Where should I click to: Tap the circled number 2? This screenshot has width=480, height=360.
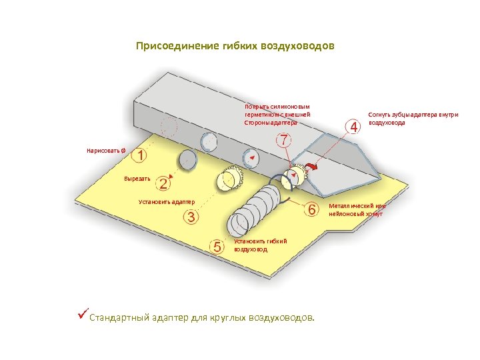pos(163,182)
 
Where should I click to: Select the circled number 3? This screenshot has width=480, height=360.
pos(191,217)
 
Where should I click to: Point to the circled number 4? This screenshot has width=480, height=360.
pos(353,125)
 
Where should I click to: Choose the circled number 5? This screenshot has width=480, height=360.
pos(217,246)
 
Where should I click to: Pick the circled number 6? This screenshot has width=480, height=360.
pos(311,209)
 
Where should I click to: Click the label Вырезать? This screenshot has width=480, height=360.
pos(137,179)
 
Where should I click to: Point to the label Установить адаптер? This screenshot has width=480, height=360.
pos(165,201)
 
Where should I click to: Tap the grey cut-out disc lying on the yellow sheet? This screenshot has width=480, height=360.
pos(187,159)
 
